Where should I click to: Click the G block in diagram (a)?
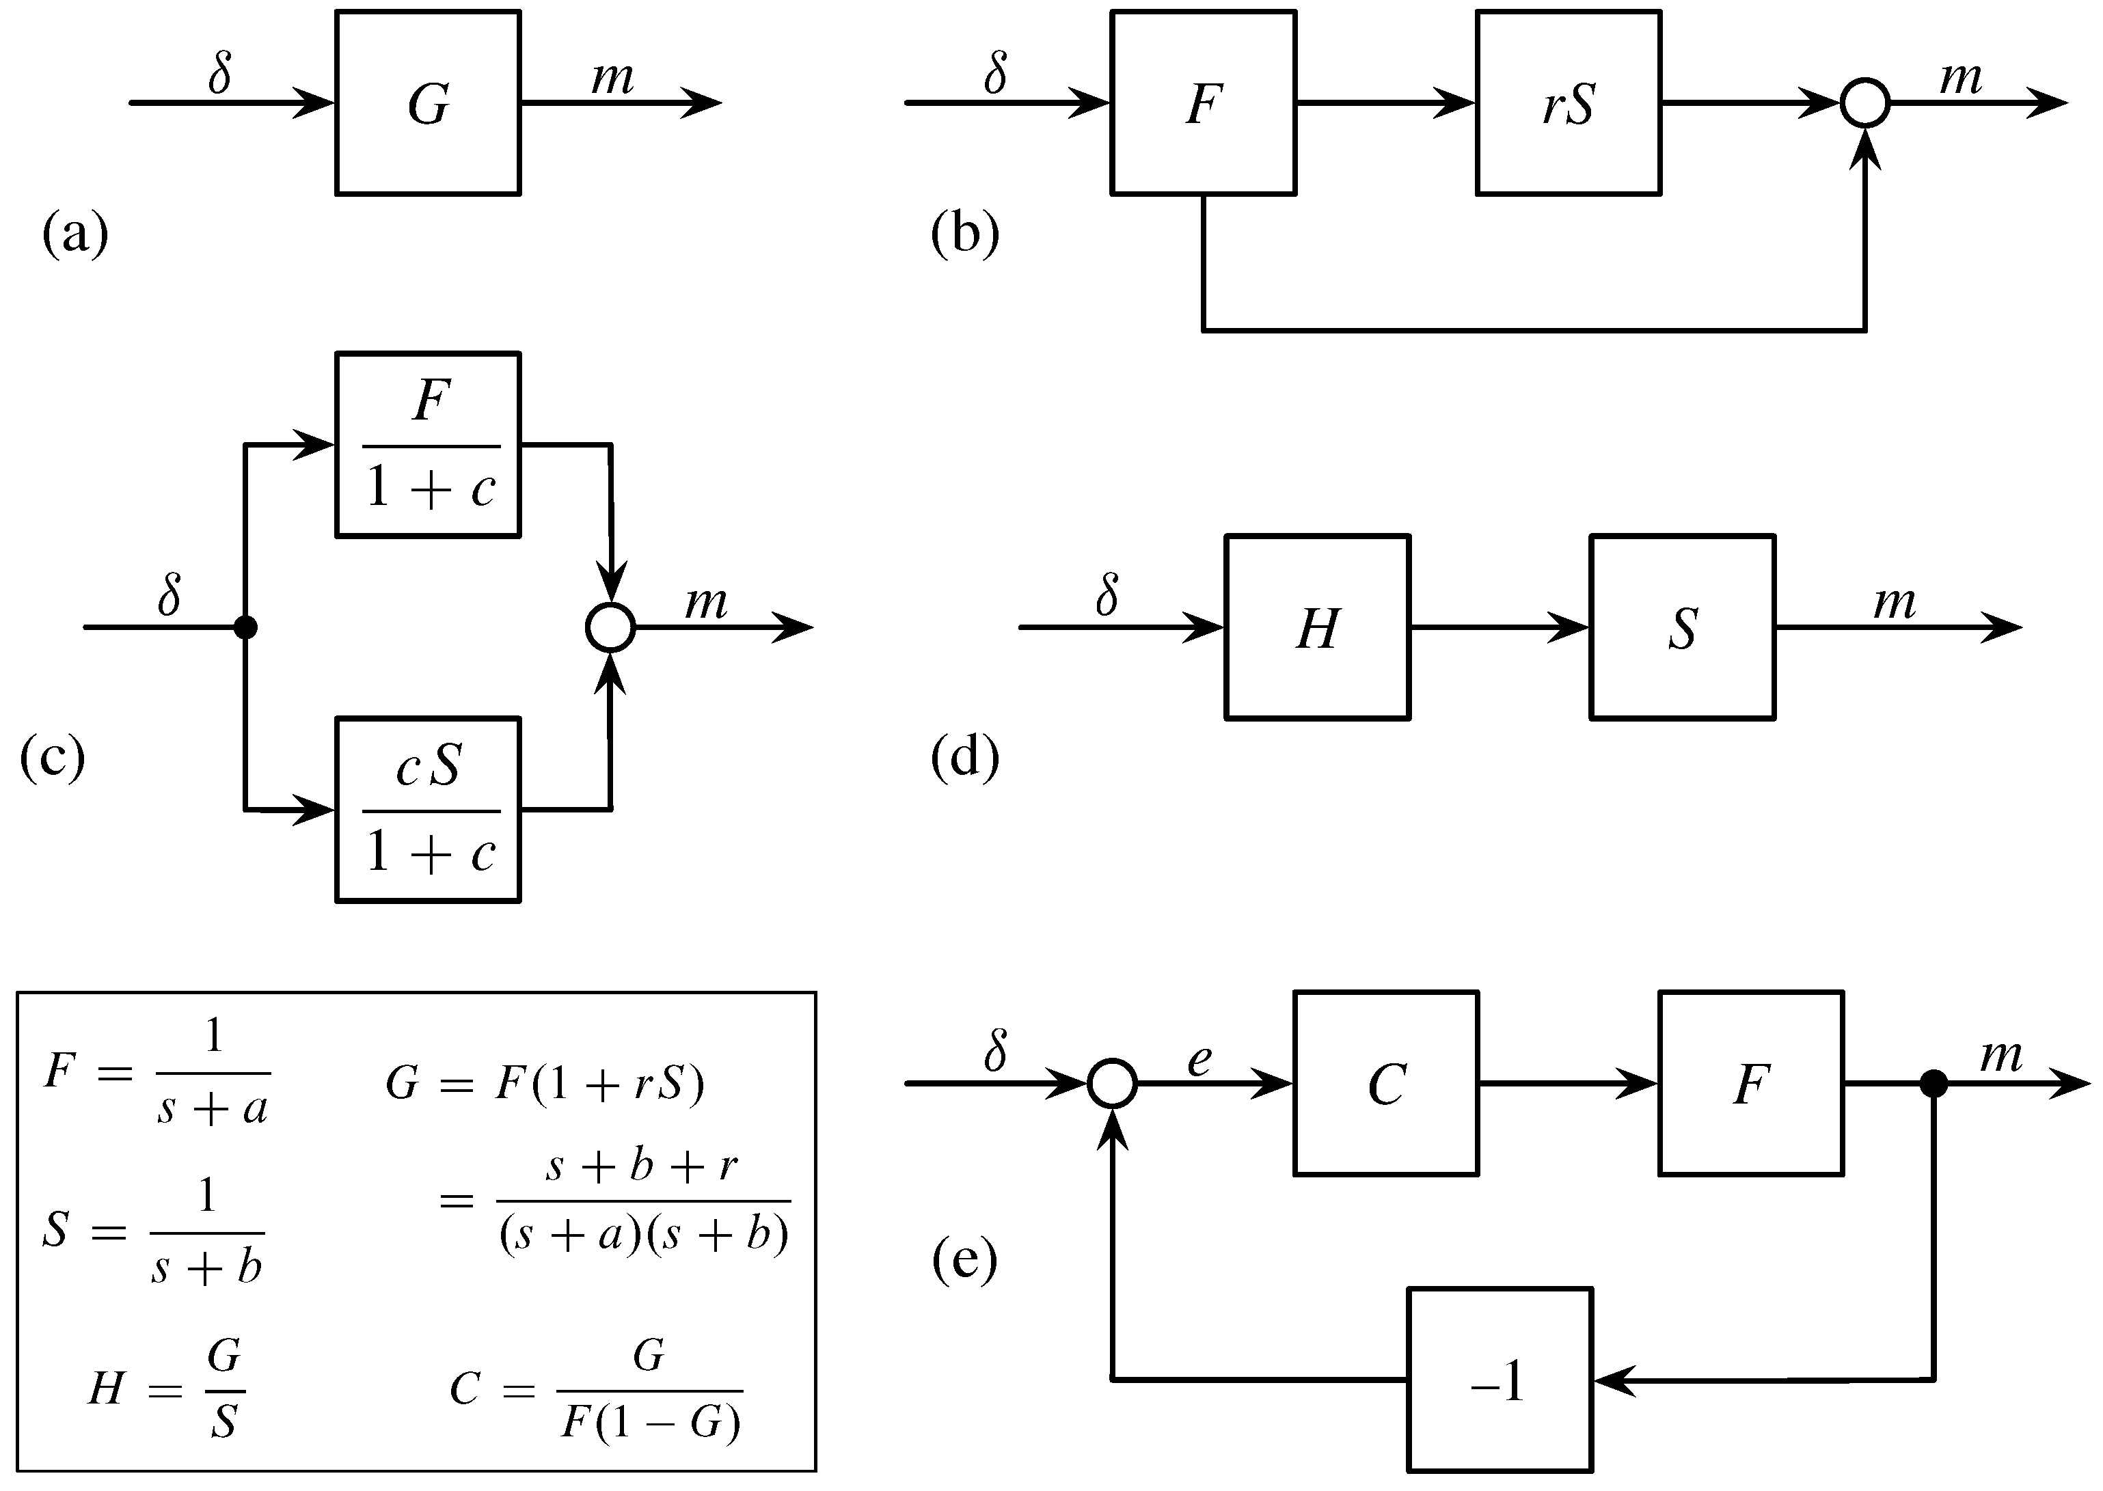[x=428, y=102]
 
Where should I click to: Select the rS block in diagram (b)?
[x=1569, y=102]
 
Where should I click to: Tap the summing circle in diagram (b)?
[x=1865, y=102]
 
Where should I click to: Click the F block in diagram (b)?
[x=1203, y=102]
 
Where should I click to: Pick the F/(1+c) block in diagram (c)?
[x=428, y=444]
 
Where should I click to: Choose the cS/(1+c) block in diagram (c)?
[x=428, y=810]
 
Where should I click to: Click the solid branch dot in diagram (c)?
[x=245, y=628]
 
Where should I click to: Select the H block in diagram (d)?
[x=1318, y=627]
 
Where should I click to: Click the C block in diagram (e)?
[x=1386, y=1083]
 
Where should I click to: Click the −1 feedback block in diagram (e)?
[x=1500, y=1379]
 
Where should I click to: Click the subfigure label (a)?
[x=75, y=234]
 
